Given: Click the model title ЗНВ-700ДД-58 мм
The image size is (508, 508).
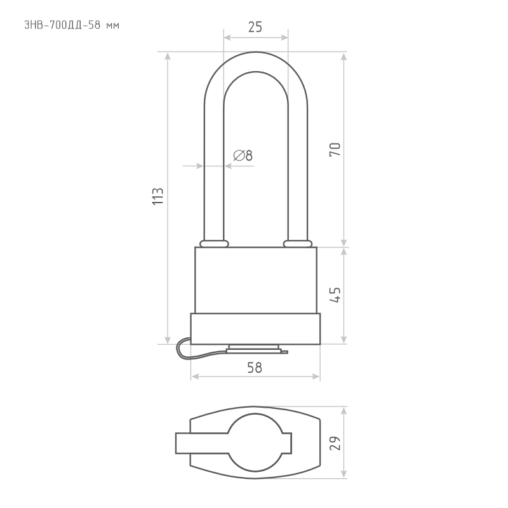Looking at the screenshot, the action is [x=72, y=25].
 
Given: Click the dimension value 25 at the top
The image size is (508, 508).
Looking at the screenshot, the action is [x=255, y=27].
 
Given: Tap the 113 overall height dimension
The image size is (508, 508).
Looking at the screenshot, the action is [x=157, y=196].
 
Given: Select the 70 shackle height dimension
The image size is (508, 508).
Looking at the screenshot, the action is [x=335, y=150].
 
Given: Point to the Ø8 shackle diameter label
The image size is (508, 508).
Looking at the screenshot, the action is [x=243, y=156].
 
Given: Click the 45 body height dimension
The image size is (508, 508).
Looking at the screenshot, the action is [x=335, y=295].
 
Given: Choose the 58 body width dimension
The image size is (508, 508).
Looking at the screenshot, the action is [x=255, y=368].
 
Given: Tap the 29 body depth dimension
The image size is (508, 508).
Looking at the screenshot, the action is [x=335, y=443].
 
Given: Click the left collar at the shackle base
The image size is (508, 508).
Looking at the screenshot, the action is [x=214, y=244].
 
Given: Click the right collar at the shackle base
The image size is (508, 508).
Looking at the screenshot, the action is [x=298, y=244].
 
